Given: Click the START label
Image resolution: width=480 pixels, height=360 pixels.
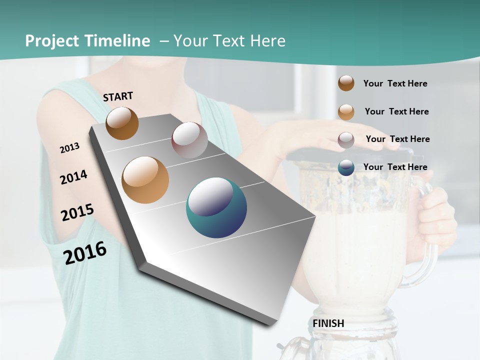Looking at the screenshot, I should point(118,96).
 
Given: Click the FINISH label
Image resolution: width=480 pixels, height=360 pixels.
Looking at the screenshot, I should point(328,323).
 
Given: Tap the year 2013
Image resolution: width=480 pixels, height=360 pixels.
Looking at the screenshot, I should point(69,148).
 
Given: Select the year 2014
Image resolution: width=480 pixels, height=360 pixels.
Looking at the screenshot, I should point(73,177).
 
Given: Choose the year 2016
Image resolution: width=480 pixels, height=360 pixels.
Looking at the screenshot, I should point(85,252).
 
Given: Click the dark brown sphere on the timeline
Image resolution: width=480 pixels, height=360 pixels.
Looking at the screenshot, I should point(122,123).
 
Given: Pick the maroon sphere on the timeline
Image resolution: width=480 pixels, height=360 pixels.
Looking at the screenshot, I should point(189,140).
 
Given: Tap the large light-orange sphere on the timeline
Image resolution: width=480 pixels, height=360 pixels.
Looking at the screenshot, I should point(145,180).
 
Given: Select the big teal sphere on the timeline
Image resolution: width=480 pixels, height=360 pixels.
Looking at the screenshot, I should point(216,207).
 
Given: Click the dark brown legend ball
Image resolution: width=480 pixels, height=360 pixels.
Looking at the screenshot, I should point(346,83).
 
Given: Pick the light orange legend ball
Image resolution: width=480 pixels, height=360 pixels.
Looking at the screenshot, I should point(346,111).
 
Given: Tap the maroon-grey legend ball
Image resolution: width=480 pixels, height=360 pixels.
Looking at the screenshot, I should point(346,139).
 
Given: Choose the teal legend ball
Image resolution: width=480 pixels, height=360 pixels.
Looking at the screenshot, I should point(346,167).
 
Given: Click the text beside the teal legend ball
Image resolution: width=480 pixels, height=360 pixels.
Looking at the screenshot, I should point(395,167).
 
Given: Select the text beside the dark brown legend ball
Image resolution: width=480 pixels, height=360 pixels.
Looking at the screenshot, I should point(395,83).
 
